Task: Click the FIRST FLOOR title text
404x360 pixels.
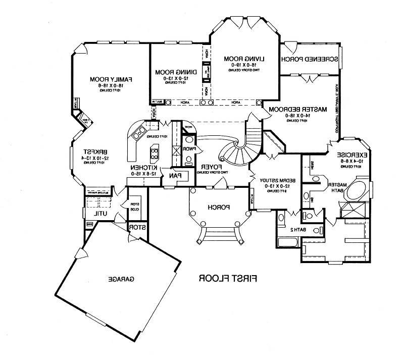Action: click(x=229, y=278)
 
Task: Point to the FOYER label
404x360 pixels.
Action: click(x=210, y=166)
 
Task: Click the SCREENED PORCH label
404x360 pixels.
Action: click(x=311, y=59)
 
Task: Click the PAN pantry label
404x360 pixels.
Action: click(x=180, y=175)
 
